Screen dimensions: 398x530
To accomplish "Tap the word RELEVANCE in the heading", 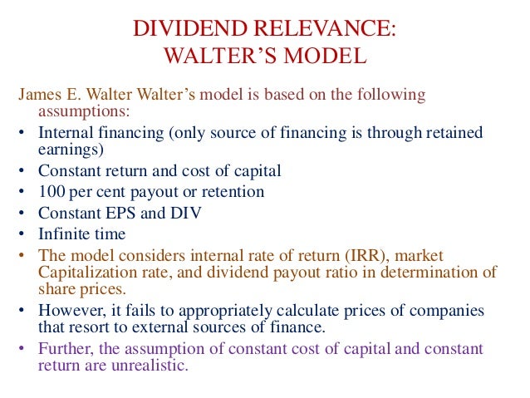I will point(328,30).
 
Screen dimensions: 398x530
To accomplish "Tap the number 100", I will point(52,192).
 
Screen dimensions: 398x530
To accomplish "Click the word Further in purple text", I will point(65,347).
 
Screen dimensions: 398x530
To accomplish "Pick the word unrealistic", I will point(154,365).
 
